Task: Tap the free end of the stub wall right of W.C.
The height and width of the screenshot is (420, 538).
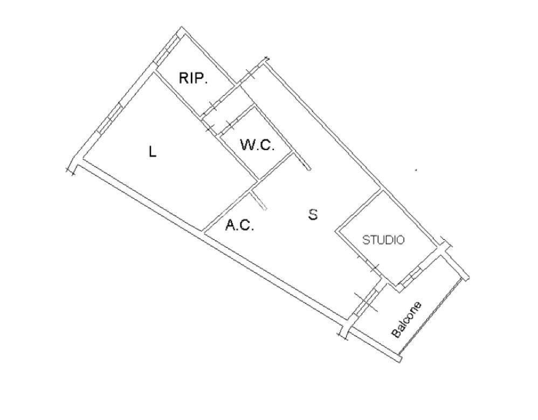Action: pos(309,169)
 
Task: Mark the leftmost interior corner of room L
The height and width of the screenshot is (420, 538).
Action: pos(83,159)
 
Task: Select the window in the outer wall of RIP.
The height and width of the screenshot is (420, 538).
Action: pos(167,50)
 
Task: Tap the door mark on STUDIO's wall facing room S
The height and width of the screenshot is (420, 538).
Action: pos(368,263)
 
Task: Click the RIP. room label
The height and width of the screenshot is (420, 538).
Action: pos(193,79)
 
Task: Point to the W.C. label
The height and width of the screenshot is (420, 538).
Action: pos(257,145)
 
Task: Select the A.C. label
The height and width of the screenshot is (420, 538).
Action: pos(239,226)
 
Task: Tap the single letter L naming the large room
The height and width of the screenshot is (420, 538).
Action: pos(153,152)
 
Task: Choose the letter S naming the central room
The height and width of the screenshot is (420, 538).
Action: pos(313,214)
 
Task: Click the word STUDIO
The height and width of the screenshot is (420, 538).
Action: pos(384,240)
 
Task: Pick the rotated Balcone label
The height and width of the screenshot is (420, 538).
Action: pos(406,320)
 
